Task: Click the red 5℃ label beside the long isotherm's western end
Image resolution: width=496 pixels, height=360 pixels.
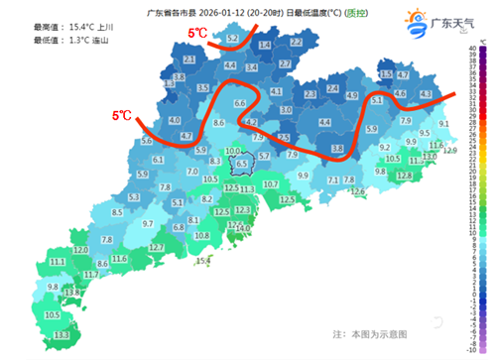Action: pos(122,116)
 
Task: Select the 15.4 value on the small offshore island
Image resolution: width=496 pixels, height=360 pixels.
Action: pos(203,261)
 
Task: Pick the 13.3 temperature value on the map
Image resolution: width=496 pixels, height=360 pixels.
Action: pos(62,336)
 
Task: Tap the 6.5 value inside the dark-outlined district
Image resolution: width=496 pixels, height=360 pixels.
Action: pos(240,164)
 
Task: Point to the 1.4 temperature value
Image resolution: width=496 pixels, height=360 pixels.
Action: pos(265,46)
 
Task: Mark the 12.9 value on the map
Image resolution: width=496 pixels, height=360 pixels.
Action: pos(450,151)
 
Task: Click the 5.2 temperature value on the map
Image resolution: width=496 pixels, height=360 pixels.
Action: pos(233,39)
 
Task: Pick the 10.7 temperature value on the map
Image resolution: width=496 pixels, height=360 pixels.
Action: pos(271,185)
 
